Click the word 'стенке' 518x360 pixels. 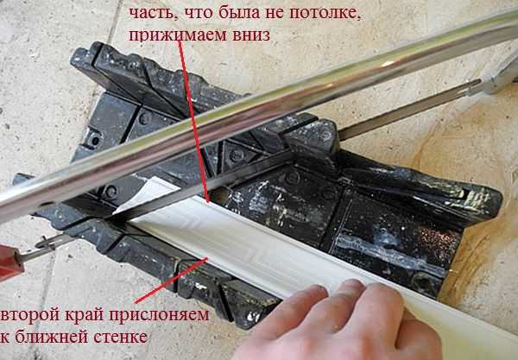[116, 337]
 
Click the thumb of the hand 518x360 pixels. [294, 304]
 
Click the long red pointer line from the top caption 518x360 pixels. [194, 121]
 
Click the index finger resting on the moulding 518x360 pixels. [363, 294]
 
